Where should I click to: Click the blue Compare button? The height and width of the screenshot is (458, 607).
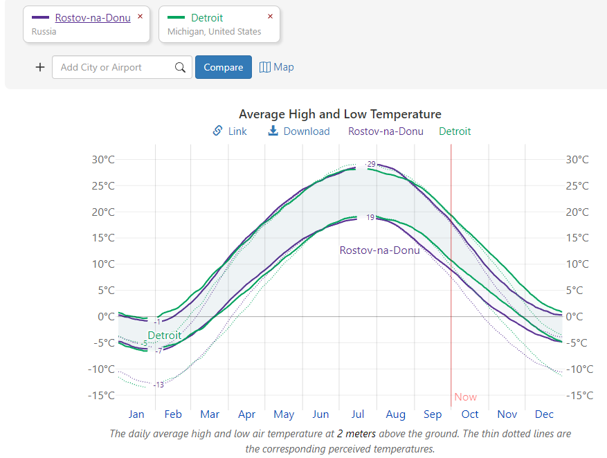click(x=223, y=67)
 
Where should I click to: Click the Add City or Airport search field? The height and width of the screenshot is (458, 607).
click(x=111, y=67)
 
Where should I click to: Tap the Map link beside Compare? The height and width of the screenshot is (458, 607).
click(x=277, y=67)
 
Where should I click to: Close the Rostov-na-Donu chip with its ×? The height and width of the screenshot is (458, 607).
click(x=140, y=17)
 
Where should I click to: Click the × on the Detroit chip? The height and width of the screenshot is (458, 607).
click(x=270, y=17)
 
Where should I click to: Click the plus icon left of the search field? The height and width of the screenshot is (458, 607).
click(x=40, y=67)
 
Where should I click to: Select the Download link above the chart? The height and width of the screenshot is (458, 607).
click(x=299, y=131)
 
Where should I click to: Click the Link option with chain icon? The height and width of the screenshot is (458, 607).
click(x=230, y=131)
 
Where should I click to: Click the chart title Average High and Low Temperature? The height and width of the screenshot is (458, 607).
click(x=340, y=114)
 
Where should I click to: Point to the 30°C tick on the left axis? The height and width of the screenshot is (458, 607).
click(x=103, y=160)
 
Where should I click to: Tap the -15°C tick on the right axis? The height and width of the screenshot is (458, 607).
click(x=580, y=396)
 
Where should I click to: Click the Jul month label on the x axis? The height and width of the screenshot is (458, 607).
click(x=358, y=414)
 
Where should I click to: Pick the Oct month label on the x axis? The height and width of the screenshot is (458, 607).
click(x=470, y=414)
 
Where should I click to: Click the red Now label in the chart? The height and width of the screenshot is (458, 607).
click(x=466, y=397)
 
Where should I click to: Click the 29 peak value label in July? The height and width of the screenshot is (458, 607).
click(x=371, y=164)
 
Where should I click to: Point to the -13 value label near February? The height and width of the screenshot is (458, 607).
click(x=158, y=385)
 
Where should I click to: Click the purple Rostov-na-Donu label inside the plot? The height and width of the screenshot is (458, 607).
click(x=379, y=250)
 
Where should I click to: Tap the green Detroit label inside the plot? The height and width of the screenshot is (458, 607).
click(x=164, y=336)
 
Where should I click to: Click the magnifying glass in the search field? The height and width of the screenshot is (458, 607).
click(x=180, y=67)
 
